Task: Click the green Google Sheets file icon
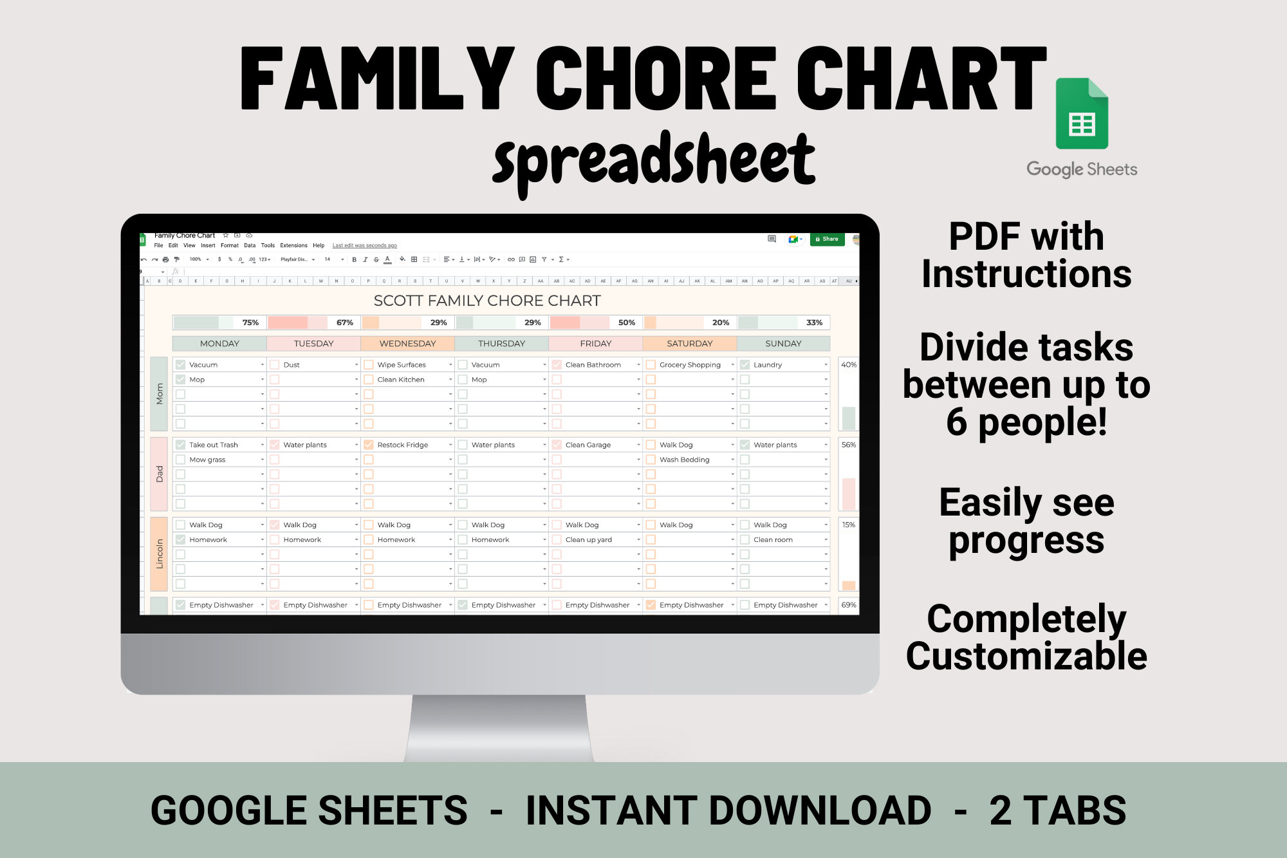[1082, 114]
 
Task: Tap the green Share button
[827, 239]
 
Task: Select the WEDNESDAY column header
[407, 344]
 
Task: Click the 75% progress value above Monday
[250, 322]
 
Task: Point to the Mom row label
[159, 394]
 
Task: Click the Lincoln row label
[159, 554]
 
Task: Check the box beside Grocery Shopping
[651, 365]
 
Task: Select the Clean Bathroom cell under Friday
[593, 365]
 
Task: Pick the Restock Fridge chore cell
[402, 445]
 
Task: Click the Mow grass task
[207, 460]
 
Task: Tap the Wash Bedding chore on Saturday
[684, 460]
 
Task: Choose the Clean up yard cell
[588, 540]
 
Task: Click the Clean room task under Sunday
[773, 540]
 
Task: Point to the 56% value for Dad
[848, 445]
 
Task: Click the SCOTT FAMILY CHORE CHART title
[487, 301]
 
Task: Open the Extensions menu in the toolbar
[293, 245]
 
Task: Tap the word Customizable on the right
[1026, 657]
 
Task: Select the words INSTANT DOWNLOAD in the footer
[728, 810]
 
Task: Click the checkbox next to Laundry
[745, 365]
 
